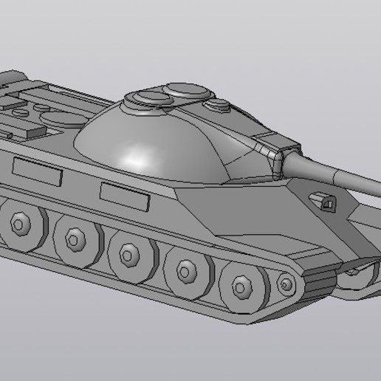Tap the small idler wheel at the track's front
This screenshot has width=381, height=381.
286,283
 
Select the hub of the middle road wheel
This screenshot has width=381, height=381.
128,255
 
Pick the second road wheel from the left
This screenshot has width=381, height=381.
74,238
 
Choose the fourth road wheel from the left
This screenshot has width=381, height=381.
185,271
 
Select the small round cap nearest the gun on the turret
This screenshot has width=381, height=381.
219,107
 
